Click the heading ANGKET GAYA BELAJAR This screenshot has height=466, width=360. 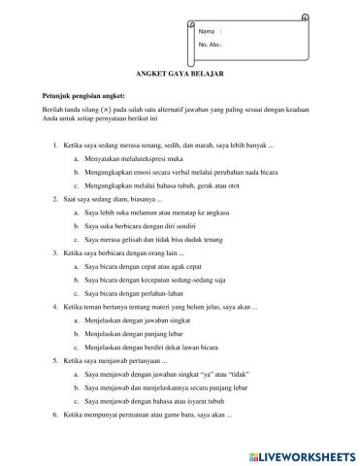[180, 73]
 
